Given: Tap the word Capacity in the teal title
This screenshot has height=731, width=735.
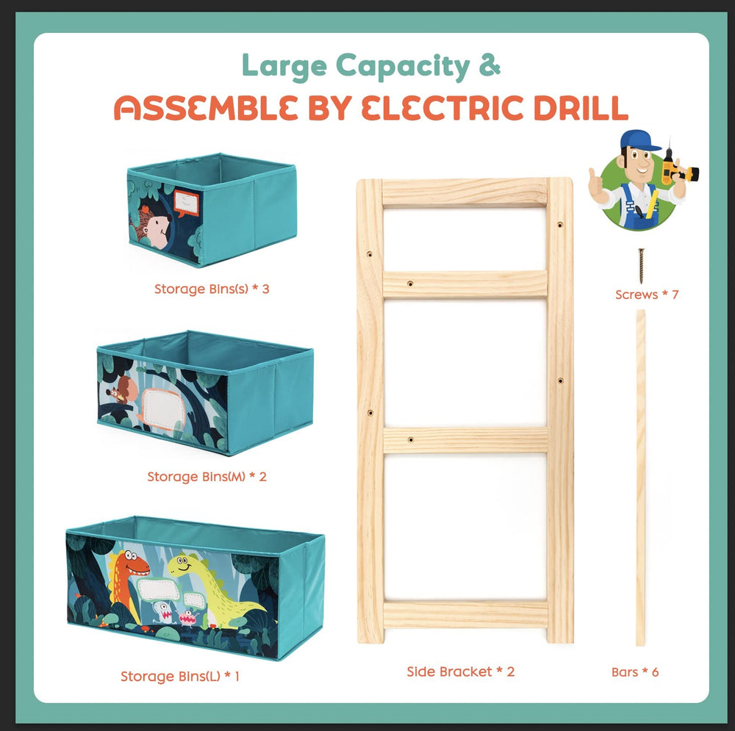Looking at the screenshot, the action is pyautogui.click(x=403, y=67).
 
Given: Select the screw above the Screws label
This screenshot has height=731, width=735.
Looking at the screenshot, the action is pyautogui.click(x=641, y=266).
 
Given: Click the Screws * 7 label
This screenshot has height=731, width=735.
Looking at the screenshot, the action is pyautogui.click(x=647, y=295).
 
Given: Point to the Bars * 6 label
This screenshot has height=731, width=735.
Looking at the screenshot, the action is pyautogui.click(x=635, y=672).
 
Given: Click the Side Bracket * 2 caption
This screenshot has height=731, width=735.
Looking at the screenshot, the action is pyautogui.click(x=461, y=671).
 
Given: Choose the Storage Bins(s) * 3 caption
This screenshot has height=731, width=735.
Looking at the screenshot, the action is pyautogui.click(x=212, y=289).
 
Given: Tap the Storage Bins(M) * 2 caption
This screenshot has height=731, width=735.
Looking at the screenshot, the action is pyautogui.click(x=207, y=477).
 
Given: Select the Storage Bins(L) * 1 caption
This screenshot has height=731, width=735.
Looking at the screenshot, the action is pyautogui.click(x=180, y=676).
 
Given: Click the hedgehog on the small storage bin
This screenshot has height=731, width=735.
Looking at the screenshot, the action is pyautogui.click(x=151, y=226).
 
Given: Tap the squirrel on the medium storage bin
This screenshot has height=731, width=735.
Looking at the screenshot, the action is pyautogui.click(x=122, y=390).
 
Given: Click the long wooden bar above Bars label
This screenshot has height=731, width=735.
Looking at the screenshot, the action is pyautogui.click(x=640, y=478).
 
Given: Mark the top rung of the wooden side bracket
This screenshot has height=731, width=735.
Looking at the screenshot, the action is pyautogui.click(x=465, y=192).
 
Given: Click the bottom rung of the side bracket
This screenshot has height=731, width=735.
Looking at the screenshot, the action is pyautogui.click(x=465, y=614).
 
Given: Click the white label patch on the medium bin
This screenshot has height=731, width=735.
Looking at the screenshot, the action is pyautogui.click(x=161, y=407).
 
